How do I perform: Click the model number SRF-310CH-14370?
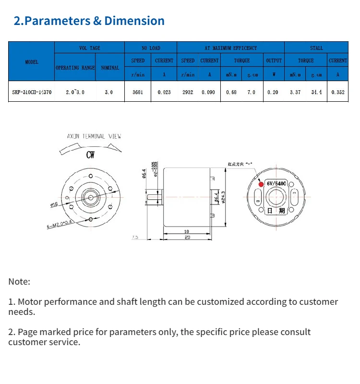click(32, 92)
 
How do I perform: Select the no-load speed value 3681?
click(138, 92)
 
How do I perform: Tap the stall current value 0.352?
click(338, 92)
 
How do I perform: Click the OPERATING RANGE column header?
click(75, 68)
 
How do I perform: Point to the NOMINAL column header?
click(110, 68)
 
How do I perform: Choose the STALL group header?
click(316, 48)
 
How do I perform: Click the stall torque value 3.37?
click(295, 92)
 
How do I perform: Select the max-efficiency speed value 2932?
click(188, 92)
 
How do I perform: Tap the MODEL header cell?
click(32, 62)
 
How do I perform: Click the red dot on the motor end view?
click(261, 183)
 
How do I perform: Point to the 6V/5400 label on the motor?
click(276, 183)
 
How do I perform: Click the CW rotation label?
click(90, 155)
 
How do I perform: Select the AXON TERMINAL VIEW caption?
click(94, 136)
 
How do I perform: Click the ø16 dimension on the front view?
click(54, 205)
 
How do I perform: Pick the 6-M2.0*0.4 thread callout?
click(60, 224)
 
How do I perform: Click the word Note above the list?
click(19, 282)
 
